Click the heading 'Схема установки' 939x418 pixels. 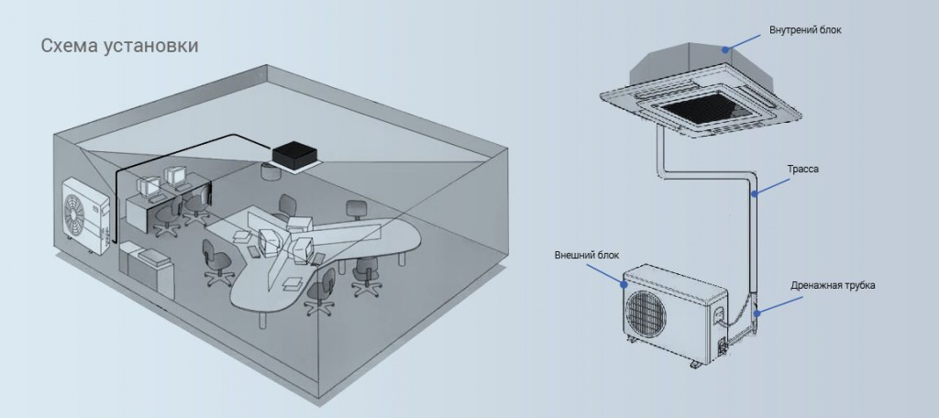click(x=119, y=46)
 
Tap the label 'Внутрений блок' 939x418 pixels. click(x=805, y=29)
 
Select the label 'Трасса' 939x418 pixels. click(x=803, y=169)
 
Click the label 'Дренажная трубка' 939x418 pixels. click(x=833, y=285)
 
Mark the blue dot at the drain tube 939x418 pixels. click(x=757, y=313)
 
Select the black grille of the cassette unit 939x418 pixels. click(x=700, y=108)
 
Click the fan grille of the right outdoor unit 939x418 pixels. click(x=646, y=313)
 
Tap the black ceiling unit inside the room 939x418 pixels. click(x=294, y=156)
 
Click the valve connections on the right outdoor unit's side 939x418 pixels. click(x=723, y=346)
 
